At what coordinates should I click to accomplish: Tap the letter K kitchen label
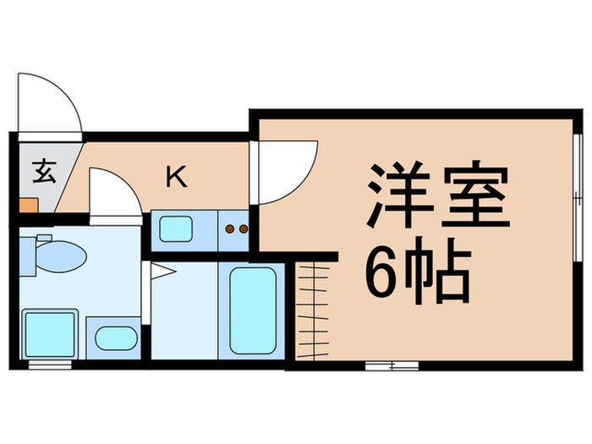coord(176,177)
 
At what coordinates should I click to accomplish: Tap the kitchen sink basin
coord(177,228)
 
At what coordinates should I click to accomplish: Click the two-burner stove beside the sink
coord(235,228)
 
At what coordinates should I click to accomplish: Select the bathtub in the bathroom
coord(253,310)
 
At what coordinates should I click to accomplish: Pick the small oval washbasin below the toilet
coord(115,338)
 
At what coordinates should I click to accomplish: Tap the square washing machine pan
coord(51,333)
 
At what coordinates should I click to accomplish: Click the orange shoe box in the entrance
coord(29,205)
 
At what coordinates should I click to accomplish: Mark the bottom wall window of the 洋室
coord(392,365)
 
